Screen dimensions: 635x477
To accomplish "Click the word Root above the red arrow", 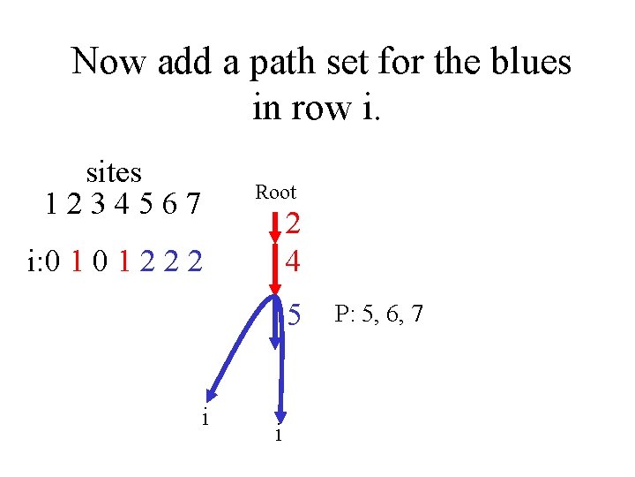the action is tap(275, 193).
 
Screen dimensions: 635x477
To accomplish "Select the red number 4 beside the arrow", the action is tap(294, 261).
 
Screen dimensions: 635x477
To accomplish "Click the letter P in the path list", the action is tap(340, 314).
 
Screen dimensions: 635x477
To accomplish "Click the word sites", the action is tap(114, 171).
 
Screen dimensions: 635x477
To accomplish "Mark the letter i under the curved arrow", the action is tap(205, 418).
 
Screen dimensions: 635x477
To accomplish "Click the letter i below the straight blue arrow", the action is tap(279, 435).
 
